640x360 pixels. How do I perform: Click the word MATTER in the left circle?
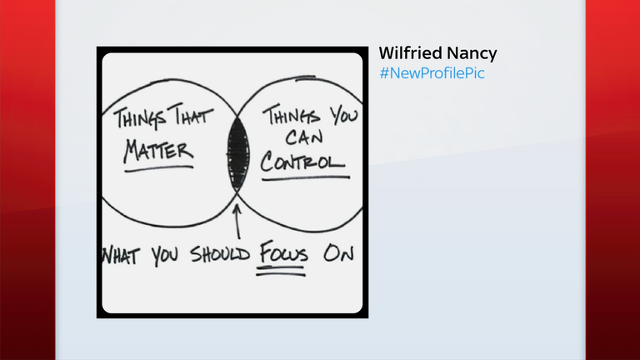pyautogui.click(x=159, y=152)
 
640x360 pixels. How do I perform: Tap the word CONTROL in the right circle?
pyautogui.click(x=302, y=159)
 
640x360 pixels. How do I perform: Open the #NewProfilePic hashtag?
pyautogui.click(x=432, y=73)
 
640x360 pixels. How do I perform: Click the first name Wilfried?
pyautogui.click(x=408, y=54)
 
